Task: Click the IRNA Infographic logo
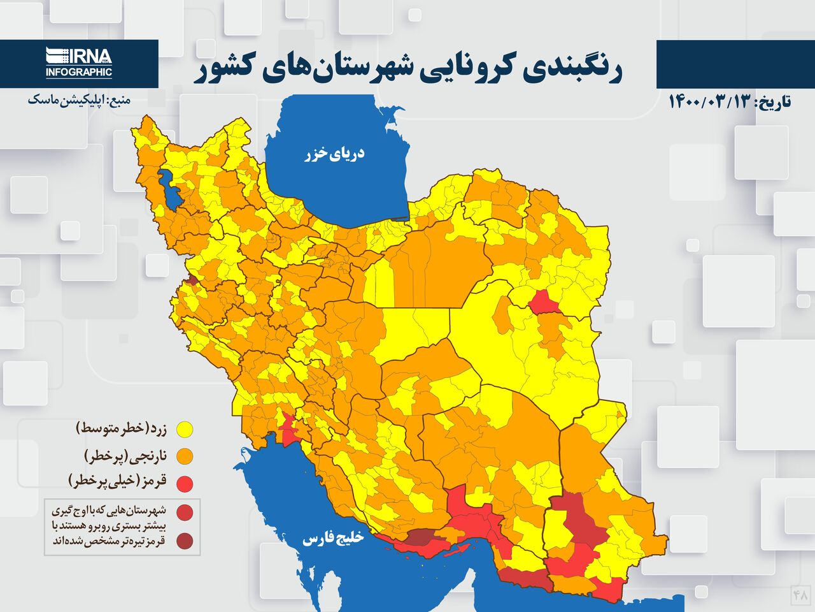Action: pyautogui.click(x=79, y=63)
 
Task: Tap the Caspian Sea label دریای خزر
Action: pyautogui.click(x=334, y=154)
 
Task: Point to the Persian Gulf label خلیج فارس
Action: pyautogui.click(x=332, y=539)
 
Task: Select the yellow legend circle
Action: pyautogui.click(x=185, y=429)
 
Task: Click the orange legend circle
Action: pyautogui.click(x=185, y=456)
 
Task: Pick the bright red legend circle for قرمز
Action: pyautogui.click(x=185, y=484)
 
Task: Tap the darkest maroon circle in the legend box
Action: pyautogui.click(x=185, y=542)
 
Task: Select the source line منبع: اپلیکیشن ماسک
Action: pyautogui.click(x=79, y=100)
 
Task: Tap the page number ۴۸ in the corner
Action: pyautogui.click(x=800, y=595)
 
